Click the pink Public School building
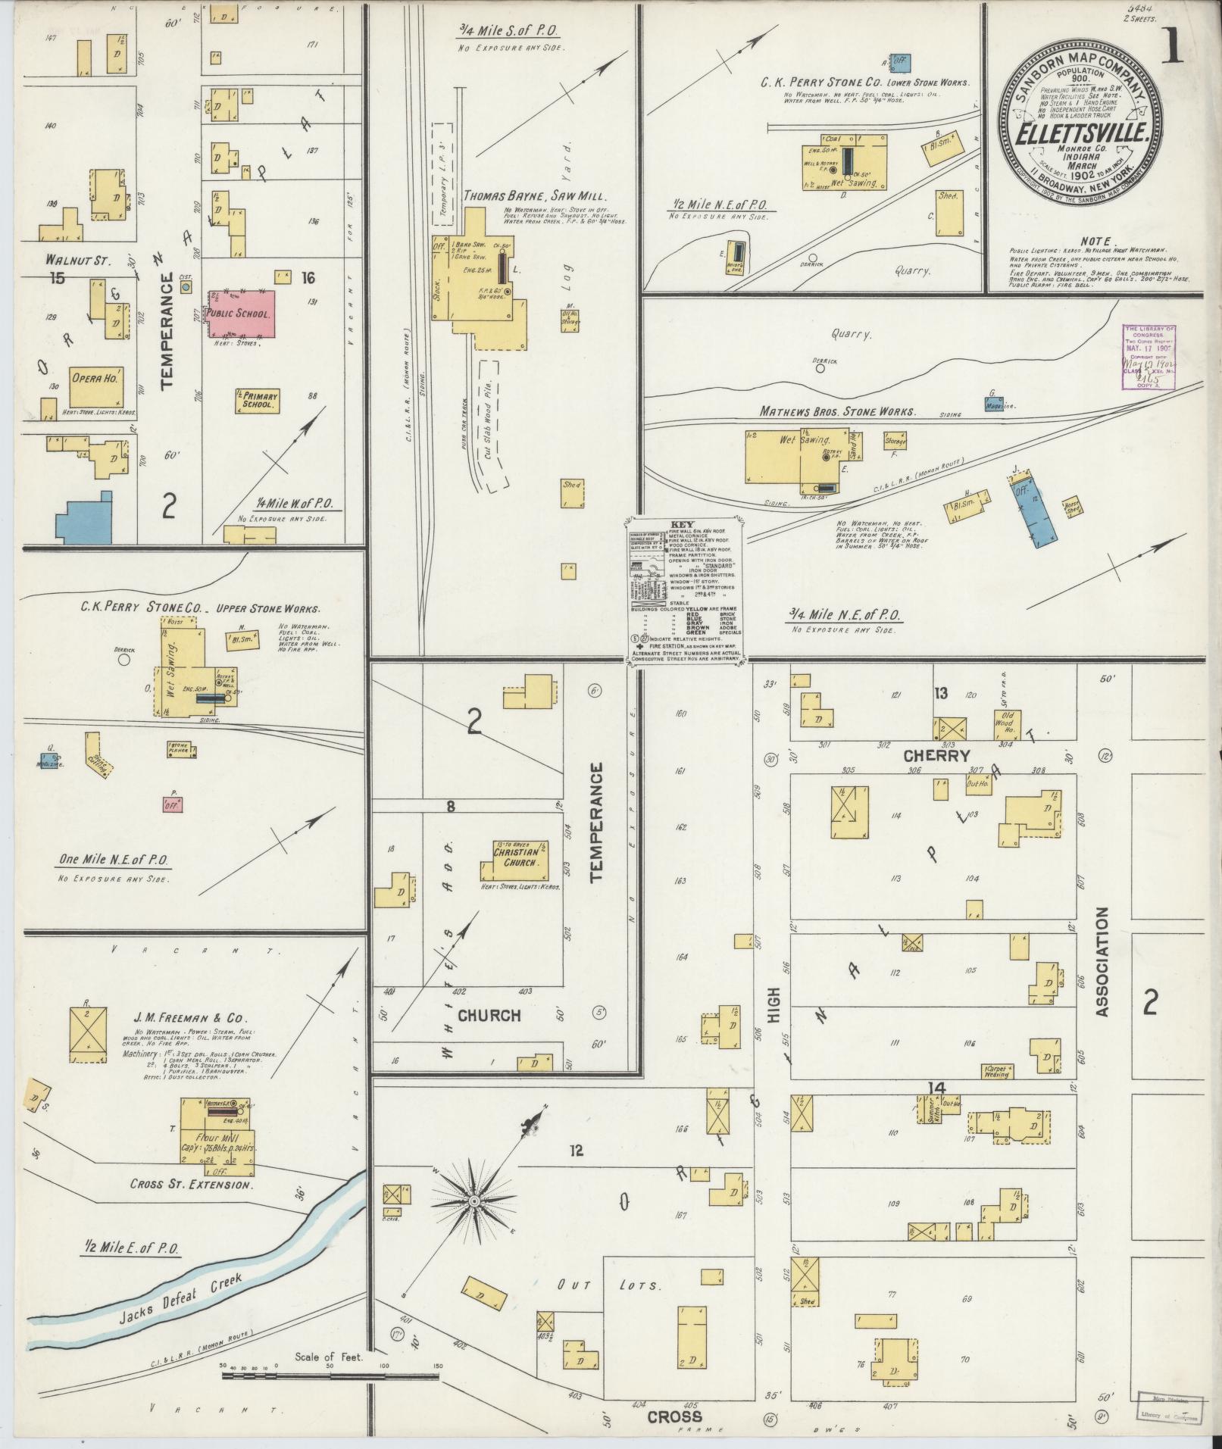[x=241, y=313]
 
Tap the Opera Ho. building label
[x=95, y=378]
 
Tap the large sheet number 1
[x=1175, y=45]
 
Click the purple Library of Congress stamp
[x=1149, y=357]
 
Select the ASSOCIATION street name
[x=1101, y=962]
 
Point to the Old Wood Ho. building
[x=1007, y=723]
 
